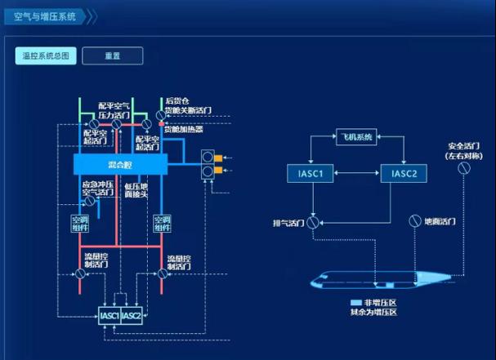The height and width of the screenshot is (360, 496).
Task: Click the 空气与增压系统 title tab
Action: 45,16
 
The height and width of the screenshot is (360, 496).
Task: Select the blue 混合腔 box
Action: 119,165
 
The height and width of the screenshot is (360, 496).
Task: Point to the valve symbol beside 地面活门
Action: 414,221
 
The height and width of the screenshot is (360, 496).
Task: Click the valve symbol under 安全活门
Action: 463,167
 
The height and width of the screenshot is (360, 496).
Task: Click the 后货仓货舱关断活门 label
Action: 187,104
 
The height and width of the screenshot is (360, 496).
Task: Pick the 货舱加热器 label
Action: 183,129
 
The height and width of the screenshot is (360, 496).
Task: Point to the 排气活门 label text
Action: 288,221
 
